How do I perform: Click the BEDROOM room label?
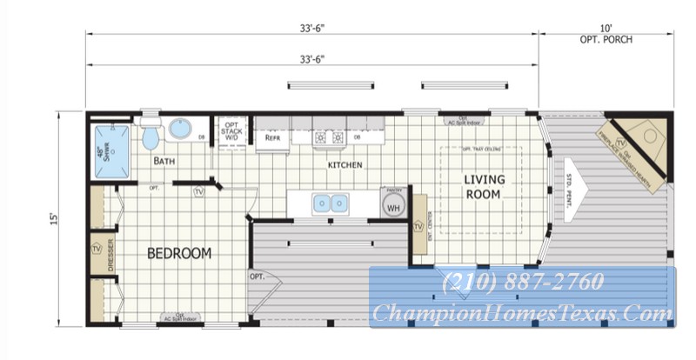point(179,253)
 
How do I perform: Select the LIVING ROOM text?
point(483,187)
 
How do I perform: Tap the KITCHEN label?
point(345,164)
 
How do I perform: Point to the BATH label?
point(165,161)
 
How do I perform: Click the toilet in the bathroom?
point(151,136)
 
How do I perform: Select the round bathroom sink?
point(181,130)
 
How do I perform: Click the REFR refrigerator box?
point(271,137)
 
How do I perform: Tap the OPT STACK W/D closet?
point(231,130)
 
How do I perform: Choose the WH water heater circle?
point(392,207)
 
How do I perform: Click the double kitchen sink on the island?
point(331,204)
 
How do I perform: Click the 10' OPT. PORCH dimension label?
point(606,36)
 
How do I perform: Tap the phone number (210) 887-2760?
point(522,283)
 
